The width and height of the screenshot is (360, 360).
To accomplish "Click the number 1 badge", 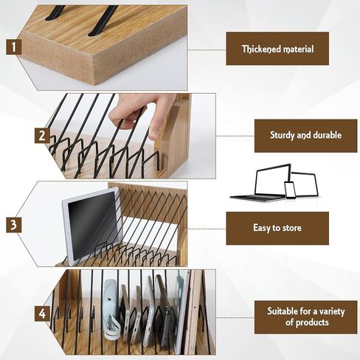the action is coord(14,47).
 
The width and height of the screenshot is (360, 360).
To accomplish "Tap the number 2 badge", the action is coord(42,135).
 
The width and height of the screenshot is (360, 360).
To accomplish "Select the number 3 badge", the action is coord(14,225).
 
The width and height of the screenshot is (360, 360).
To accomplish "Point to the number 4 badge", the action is coord(42,314).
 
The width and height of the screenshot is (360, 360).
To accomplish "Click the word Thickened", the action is coord(261,49).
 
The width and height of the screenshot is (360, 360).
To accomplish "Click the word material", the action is coord(298,49).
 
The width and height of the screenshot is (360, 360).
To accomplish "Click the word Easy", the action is coord(262,228).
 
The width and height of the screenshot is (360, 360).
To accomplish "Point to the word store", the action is coord(292,228).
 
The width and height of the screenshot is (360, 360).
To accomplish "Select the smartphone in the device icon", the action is coord(290,190).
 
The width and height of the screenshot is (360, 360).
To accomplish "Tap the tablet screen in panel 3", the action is coord(92,224).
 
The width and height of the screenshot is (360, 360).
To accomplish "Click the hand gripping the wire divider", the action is coord(140,113).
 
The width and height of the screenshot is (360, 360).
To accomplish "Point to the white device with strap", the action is coord(111,310).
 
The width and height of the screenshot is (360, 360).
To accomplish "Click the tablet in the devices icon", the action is coord(305,184).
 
